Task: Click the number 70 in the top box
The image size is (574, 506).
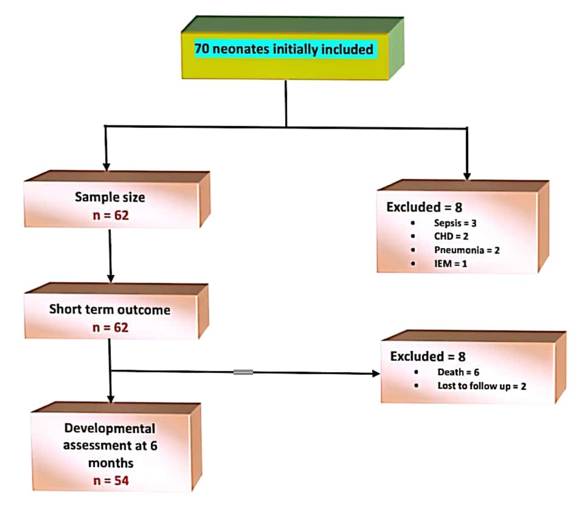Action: click(x=202, y=49)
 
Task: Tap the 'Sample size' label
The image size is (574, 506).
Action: click(x=110, y=197)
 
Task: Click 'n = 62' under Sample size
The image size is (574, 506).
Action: click(x=111, y=216)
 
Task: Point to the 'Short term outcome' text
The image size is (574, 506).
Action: click(x=110, y=310)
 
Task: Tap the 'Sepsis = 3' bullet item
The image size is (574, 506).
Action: click(x=455, y=223)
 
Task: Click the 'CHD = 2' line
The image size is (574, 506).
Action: click(x=451, y=236)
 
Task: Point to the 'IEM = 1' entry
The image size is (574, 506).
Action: click(x=450, y=264)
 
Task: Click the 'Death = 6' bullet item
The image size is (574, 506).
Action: click(x=458, y=372)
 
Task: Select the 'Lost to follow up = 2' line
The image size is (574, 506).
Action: click(x=482, y=386)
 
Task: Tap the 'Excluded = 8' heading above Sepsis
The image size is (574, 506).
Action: click(x=424, y=207)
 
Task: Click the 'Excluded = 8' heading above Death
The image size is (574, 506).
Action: click(x=428, y=357)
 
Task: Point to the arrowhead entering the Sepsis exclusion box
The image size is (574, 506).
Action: click(x=467, y=176)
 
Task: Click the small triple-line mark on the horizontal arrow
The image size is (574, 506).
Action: click(x=243, y=372)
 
